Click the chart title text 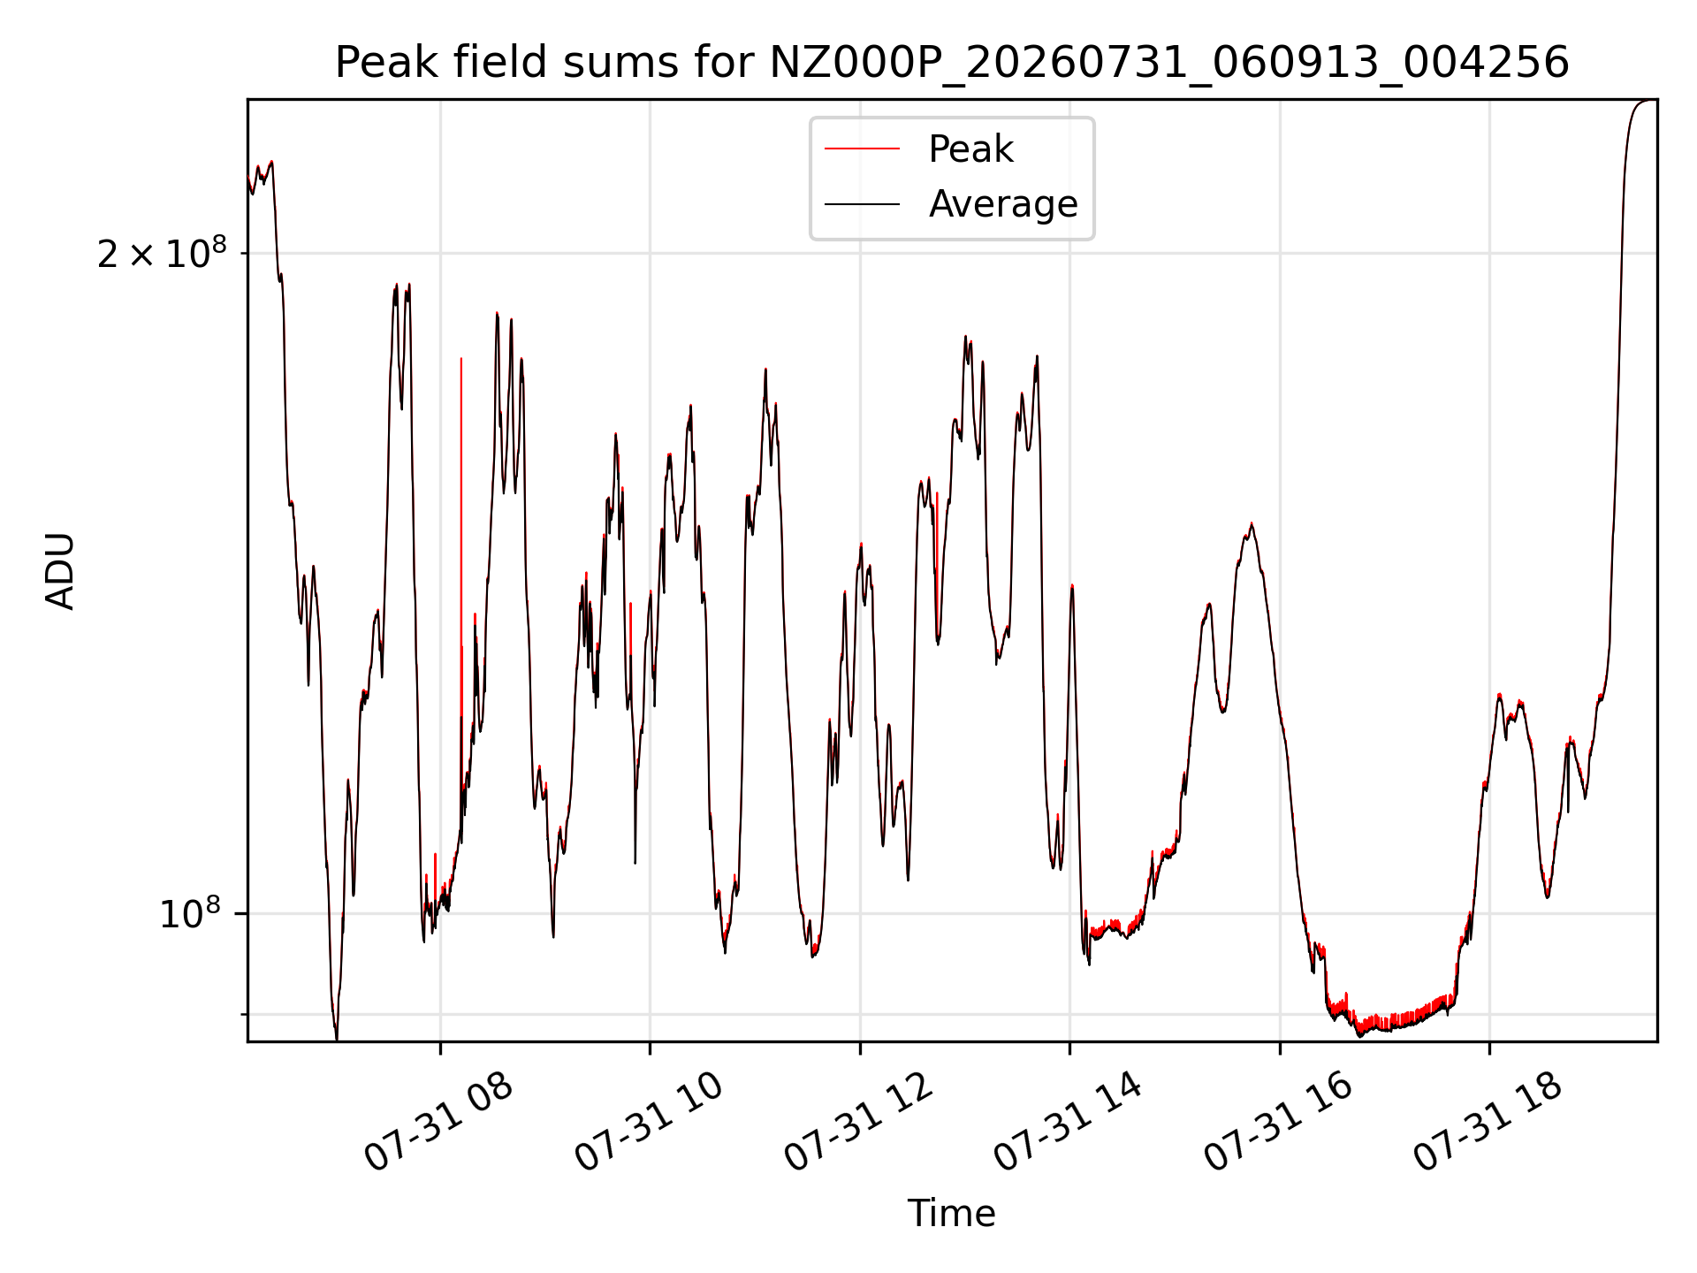pyautogui.click(x=952, y=63)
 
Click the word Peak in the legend pyautogui.click(x=970, y=149)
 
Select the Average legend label pyautogui.click(x=1003, y=204)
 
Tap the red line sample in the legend pyautogui.click(x=862, y=149)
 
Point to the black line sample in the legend pyautogui.click(x=862, y=204)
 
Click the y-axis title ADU pyautogui.click(x=60, y=571)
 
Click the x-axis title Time pyautogui.click(x=952, y=1214)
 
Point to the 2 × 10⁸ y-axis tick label pyautogui.click(x=162, y=254)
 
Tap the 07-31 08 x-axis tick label pyautogui.click(x=438, y=1122)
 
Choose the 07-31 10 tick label pyautogui.click(x=649, y=1122)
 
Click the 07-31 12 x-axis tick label pyautogui.click(x=858, y=1122)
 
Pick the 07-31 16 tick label pyautogui.click(x=1278, y=1122)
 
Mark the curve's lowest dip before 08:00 pyautogui.click(x=336, y=1036)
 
